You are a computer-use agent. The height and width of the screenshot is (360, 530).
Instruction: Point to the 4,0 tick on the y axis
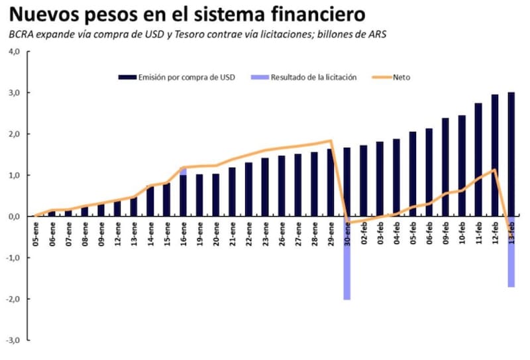coord(15,51)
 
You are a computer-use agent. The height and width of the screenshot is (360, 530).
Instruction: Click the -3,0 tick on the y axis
coord(14,340)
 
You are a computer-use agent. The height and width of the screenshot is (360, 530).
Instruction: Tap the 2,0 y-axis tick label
coord(15,134)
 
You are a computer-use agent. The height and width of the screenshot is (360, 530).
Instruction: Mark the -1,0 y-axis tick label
coord(14,258)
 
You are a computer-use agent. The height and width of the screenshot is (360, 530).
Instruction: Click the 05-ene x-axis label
coord(36,232)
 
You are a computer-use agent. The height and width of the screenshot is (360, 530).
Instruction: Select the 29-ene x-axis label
coord(331,232)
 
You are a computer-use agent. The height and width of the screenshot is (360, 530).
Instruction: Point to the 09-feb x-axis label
coord(445,232)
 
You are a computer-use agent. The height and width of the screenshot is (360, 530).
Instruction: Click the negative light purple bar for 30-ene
coord(346,259)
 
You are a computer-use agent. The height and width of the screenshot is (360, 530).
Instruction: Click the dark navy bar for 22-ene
coord(248,189)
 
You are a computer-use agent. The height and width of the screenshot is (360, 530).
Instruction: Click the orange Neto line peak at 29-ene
coord(331,141)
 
